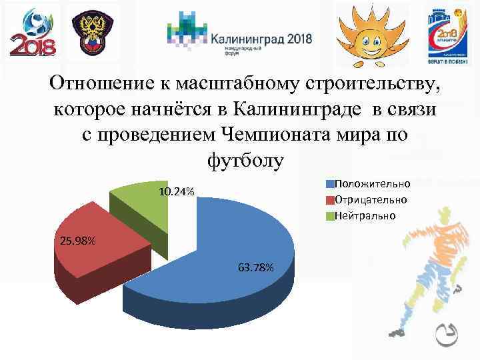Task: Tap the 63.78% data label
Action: [x=255, y=268]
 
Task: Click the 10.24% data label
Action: [x=177, y=192]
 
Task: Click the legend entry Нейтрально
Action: [x=365, y=215]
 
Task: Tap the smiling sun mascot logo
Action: [x=368, y=32]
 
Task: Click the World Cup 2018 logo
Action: [x=33, y=32]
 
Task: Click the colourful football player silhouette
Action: [x=427, y=267]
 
